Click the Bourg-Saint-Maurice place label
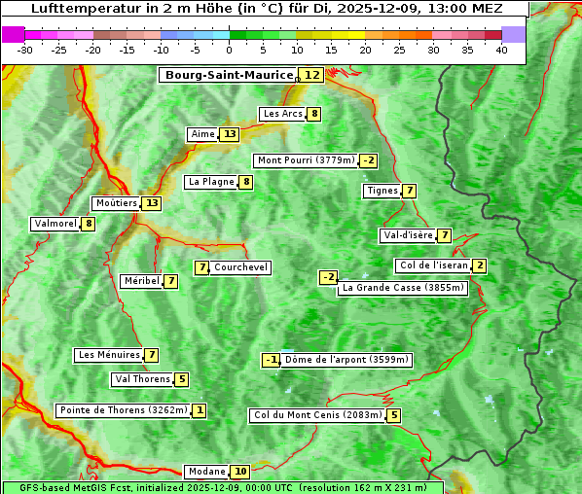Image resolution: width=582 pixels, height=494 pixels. click(229, 75)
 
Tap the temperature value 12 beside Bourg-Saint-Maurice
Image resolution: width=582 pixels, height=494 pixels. click(311, 75)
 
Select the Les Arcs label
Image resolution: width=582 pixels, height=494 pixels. click(283, 114)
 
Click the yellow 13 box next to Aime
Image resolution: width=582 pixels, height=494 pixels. click(230, 134)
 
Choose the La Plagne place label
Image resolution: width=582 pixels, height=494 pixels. click(211, 182)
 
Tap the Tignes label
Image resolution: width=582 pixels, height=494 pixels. click(382, 191)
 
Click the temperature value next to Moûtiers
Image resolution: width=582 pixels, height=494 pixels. click(151, 203)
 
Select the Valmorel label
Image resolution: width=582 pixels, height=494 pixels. click(55, 224)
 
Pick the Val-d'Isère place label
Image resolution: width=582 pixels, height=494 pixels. click(408, 235)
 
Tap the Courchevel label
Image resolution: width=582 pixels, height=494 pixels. click(240, 267)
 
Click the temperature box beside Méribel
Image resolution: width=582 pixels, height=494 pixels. click(171, 281)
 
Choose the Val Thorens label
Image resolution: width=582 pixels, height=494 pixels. click(142, 379)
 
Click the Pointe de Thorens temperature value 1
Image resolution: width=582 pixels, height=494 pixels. click(200, 410)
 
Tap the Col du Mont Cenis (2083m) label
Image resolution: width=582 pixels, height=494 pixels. click(317, 415)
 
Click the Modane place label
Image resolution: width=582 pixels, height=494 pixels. click(206, 472)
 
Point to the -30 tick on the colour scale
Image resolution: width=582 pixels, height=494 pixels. click(25, 51)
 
